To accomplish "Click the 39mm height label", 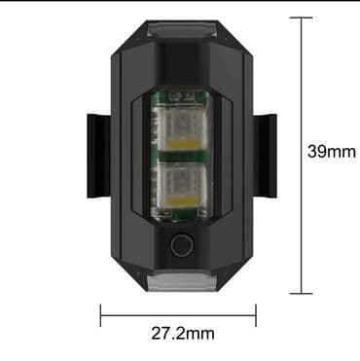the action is coord(332,152).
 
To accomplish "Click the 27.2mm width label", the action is coord(183,334).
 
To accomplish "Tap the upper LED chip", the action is coord(182,128).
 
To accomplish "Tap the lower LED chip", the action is coord(182,185).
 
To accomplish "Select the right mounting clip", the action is coord(265,156).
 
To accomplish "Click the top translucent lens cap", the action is coord(182,30).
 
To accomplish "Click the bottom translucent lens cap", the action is coord(182,281).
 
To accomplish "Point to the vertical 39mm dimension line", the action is coord(302,156).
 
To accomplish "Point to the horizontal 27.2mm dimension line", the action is coord(178,315).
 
